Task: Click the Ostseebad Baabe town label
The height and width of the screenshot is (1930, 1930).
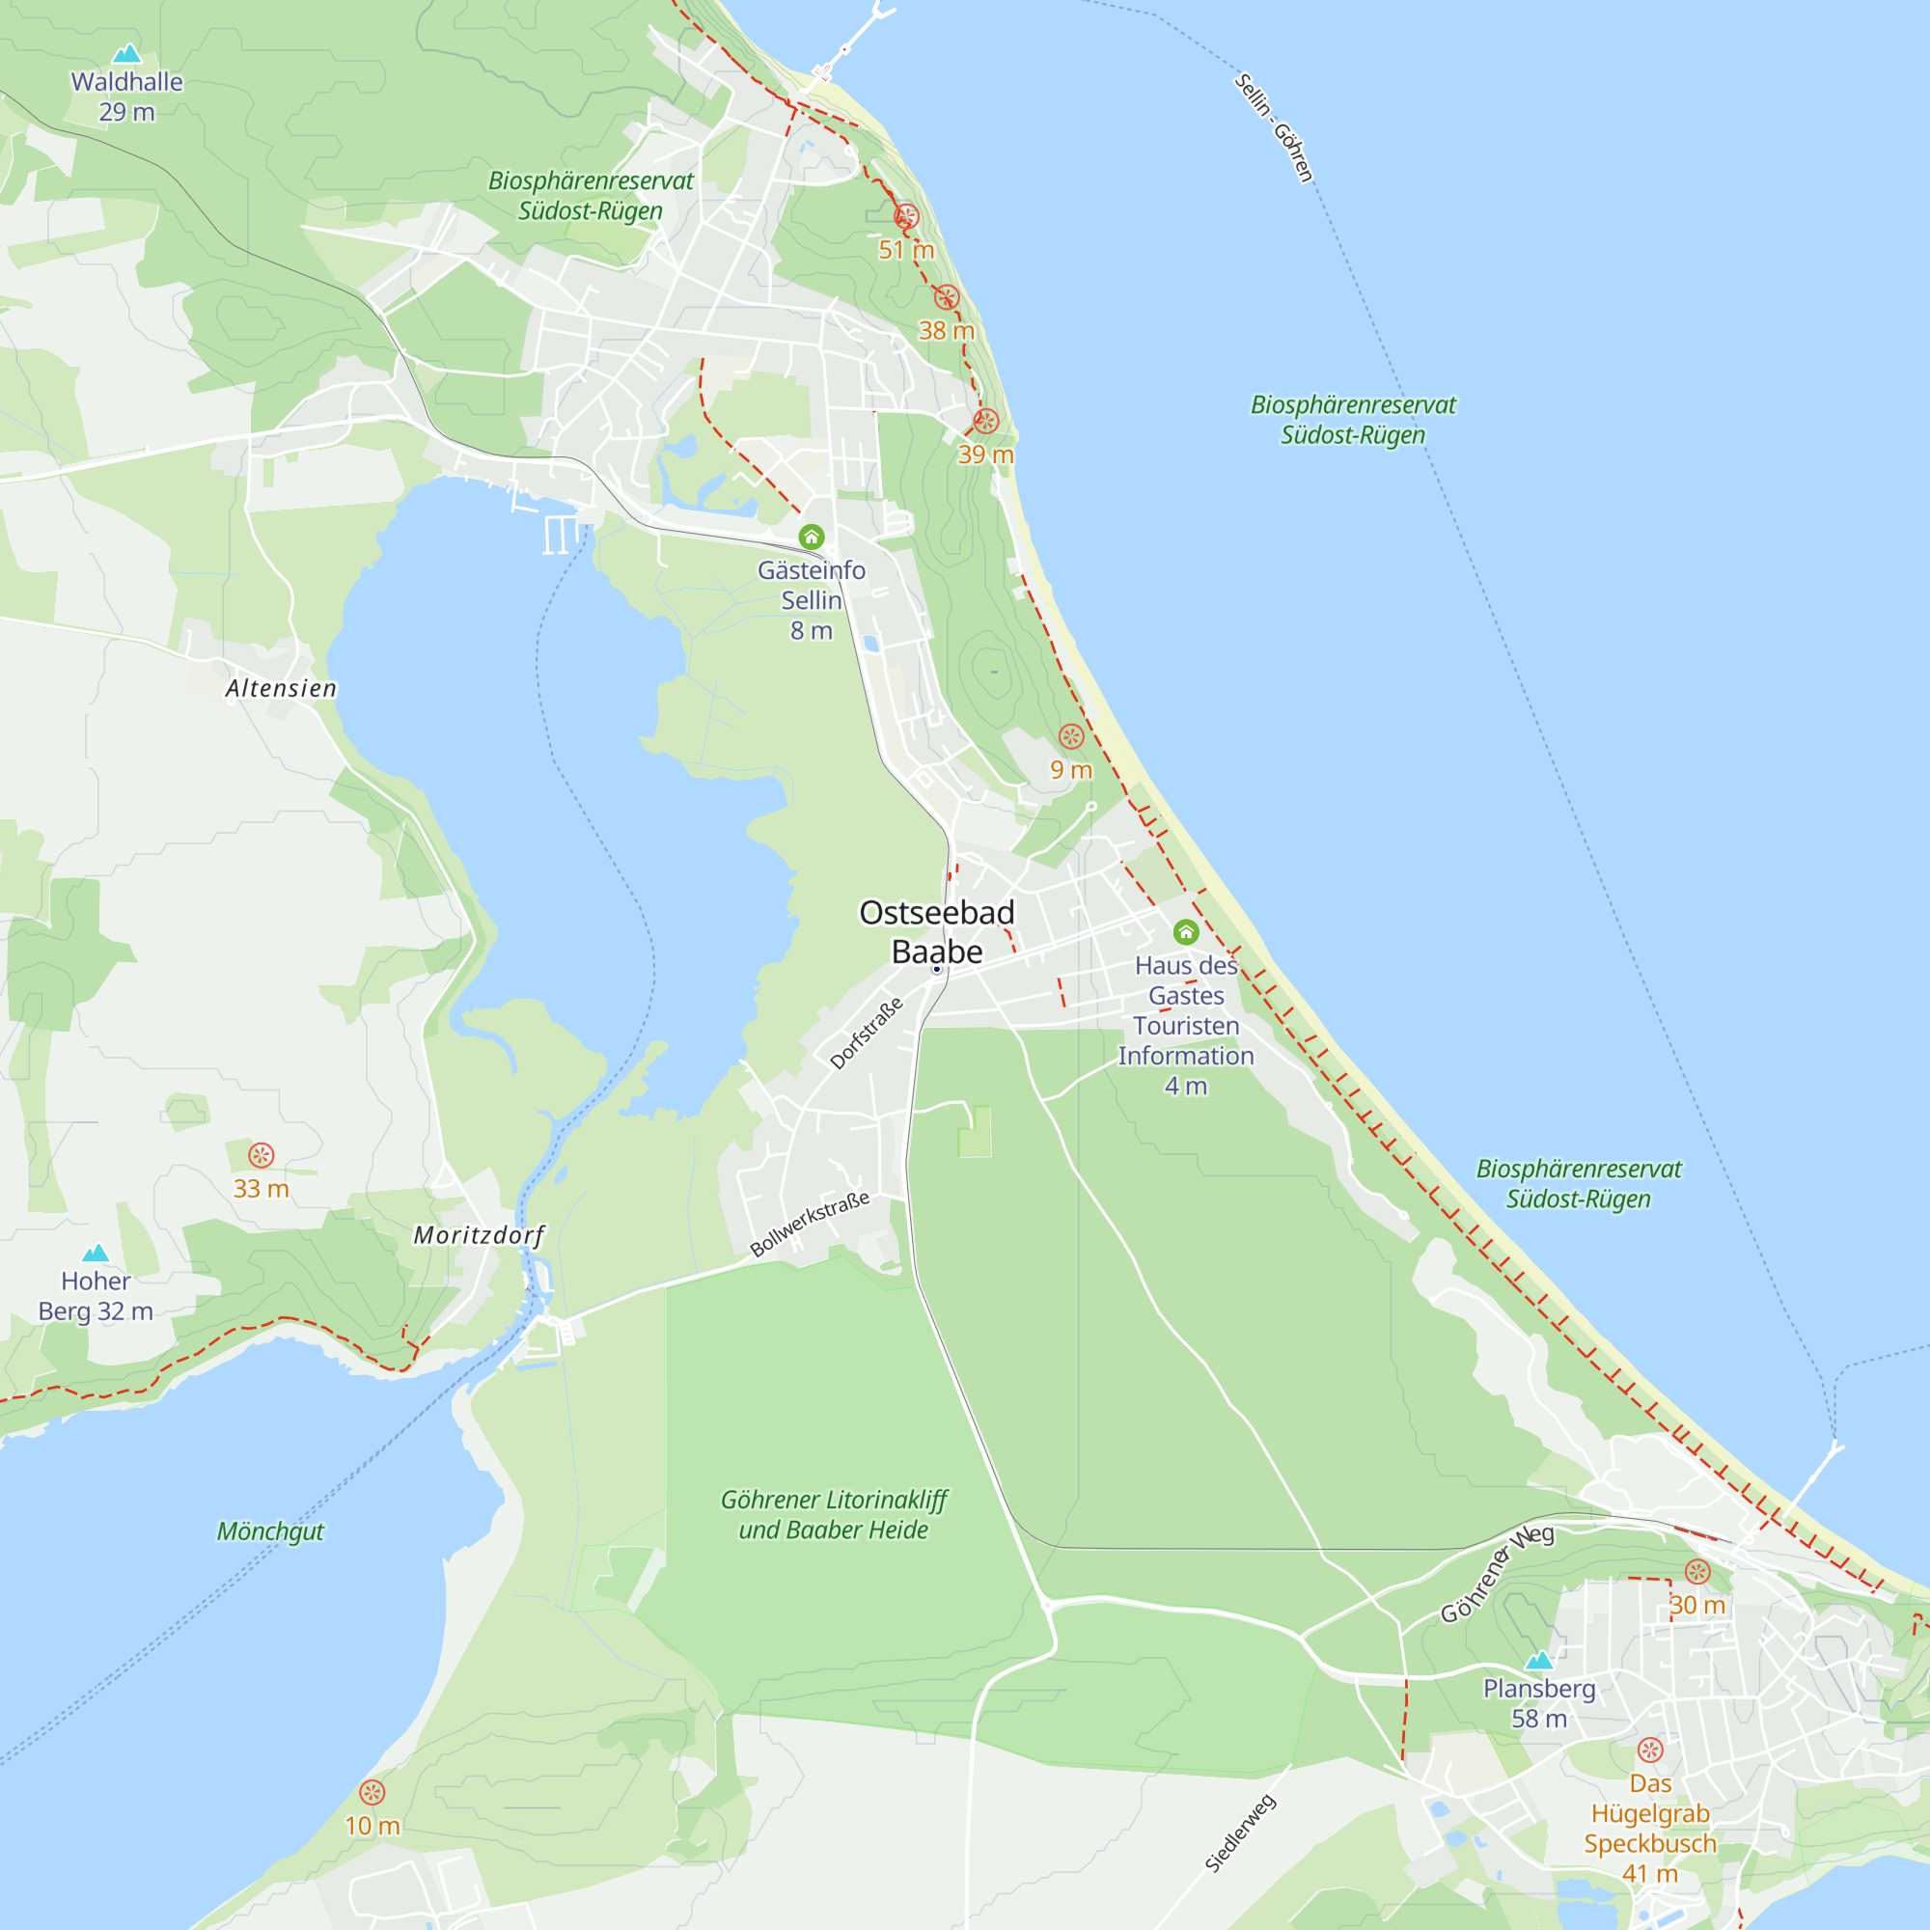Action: click(936, 931)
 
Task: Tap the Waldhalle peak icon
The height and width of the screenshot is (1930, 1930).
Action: click(126, 53)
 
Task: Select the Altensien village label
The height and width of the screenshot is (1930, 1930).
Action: click(281, 688)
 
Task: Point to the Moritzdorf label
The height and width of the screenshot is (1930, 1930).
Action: click(480, 1236)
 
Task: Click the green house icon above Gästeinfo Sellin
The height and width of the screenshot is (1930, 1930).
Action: click(812, 538)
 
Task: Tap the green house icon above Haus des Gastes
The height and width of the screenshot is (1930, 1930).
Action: click(1186, 932)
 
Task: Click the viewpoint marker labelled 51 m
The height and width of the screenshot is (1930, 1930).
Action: click(906, 216)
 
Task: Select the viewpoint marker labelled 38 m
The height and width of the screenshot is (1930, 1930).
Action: click(946, 296)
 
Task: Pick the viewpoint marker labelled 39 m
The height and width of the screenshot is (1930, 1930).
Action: click(986, 421)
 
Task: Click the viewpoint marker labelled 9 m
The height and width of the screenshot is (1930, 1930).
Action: click(1071, 736)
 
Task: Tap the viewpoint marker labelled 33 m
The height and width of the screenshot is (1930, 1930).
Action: click(261, 1155)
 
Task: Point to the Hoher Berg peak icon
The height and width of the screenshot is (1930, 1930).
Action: click(95, 1253)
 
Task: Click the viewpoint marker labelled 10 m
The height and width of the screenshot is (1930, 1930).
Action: click(372, 1792)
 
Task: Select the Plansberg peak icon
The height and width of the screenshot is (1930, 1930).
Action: click(1539, 1660)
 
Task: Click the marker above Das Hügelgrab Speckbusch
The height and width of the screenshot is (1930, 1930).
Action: click(1650, 1750)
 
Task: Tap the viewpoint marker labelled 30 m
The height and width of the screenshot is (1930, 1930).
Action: click(1697, 1571)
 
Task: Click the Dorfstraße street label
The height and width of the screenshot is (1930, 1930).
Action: click(867, 1033)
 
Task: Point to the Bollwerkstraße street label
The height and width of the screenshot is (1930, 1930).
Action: click(811, 1224)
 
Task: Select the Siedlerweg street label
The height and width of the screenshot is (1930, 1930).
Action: click(1240, 1833)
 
